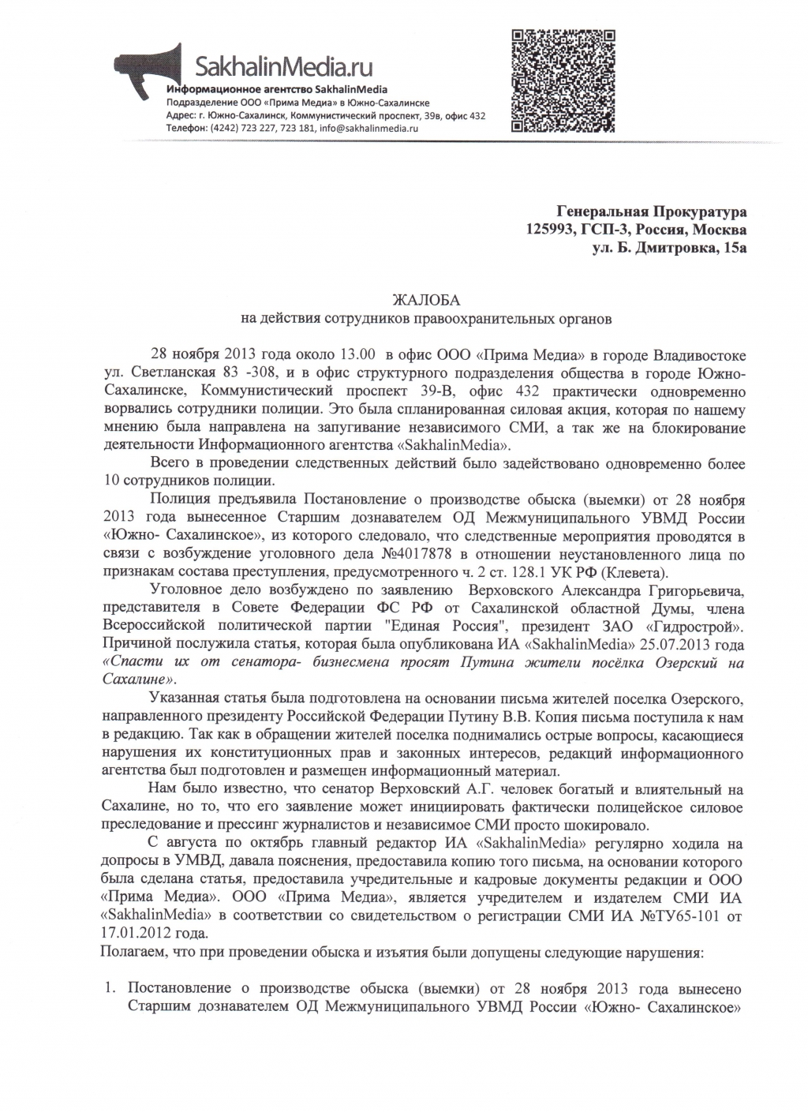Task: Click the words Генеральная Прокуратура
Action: (651, 212)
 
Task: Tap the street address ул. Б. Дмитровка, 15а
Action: (669, 249)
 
